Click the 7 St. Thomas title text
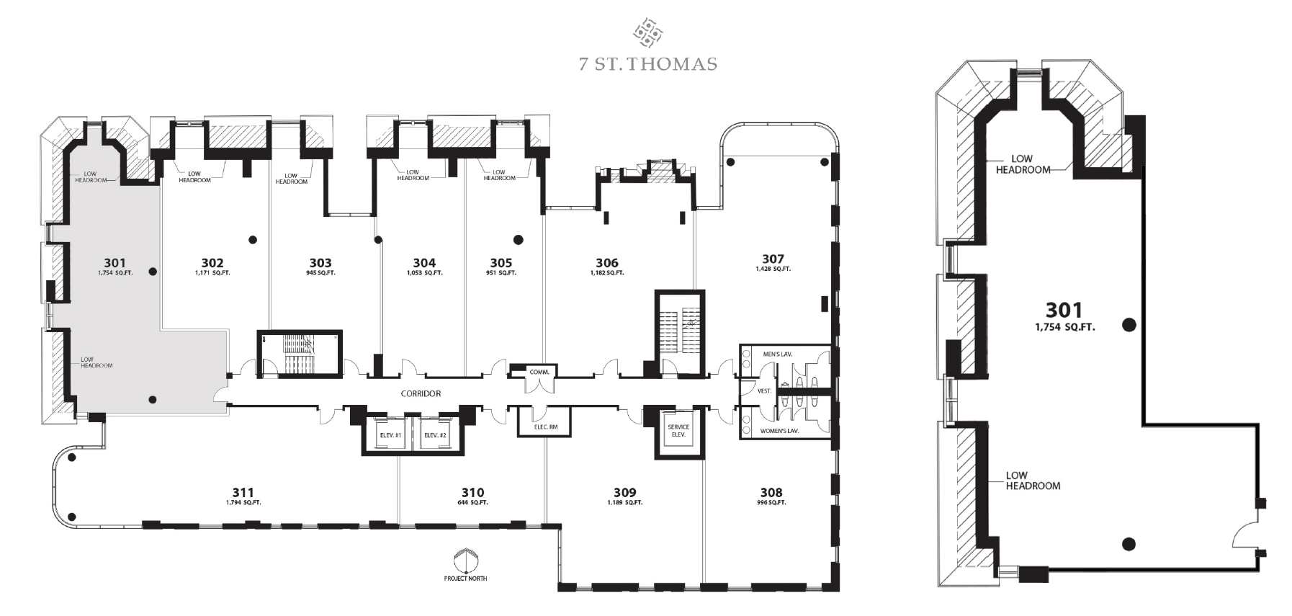tap(647, 64)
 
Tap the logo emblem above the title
tap(647, 33)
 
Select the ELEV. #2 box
tap(436, 435)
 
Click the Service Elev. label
tap(678, 431)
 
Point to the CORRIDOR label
tap(421, 394)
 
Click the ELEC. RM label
tap(545, 427)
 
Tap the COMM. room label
tap(539, 372)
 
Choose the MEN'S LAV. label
tap(777, 354)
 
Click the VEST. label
tap(764, 391)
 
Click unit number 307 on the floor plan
tap(773, 259)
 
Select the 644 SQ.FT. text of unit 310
tap(472, 502)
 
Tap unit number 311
tap(243, 493)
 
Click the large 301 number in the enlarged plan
tap(1064, 310)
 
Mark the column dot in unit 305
tap(518, 240)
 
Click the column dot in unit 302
tap(253, 240)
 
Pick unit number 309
tap(624, 493)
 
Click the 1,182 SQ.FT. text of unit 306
tap(607, 273)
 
